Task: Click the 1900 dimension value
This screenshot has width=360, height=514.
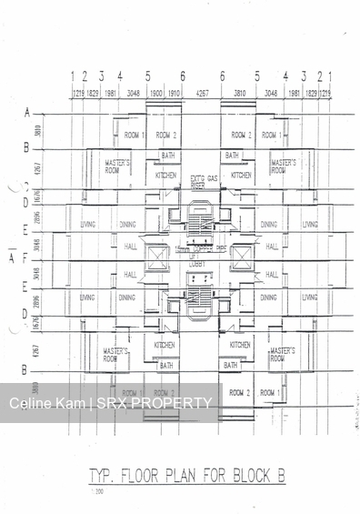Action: coord(155,93)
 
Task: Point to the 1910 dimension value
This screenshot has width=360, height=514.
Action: coord(175,93)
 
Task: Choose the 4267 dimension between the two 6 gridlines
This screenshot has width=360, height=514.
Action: coord(202,93)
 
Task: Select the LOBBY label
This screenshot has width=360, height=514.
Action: coord(199,264)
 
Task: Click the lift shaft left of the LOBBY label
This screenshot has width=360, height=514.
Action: coord(156,258)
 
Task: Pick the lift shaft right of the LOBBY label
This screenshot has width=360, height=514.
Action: coord(242,258)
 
